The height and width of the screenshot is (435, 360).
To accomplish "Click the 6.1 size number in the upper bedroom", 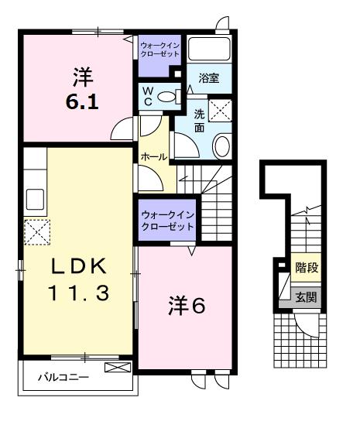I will tap(81, 101).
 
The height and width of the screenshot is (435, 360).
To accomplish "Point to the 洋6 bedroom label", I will tap(187, 307).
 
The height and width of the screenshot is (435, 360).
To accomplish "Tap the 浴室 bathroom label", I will tap(207, 77).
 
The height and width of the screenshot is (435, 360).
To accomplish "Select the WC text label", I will tap(147, 97).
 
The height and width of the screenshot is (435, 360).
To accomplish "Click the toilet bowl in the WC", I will tap(174, 97).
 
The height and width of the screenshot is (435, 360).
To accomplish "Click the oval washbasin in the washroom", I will tap(221, 146).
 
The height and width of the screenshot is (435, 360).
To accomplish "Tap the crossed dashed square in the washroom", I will tap(221, 114).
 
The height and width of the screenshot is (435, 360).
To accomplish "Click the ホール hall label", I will tap(153, 157).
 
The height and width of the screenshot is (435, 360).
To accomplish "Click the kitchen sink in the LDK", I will tap(36, 199).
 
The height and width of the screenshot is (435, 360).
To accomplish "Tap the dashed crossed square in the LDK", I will tap(36, 231).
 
